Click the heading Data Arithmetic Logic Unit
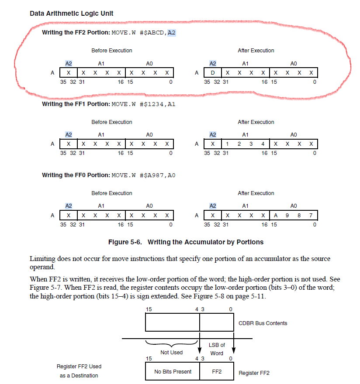point(71,14)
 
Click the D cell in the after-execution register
point(212,72)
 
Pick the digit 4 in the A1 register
point(263,144)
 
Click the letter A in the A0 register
point(276,215)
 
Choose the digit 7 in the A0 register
point(311,215)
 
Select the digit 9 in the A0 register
point(287,215)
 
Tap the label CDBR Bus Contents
point(263,323)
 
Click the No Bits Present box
point(173,372)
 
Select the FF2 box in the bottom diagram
point(217,372)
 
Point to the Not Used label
point(172,352)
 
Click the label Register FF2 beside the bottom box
point(254,373)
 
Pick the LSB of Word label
point(217,349)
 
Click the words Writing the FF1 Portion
point(76,104)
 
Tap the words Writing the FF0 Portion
point(76,175)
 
